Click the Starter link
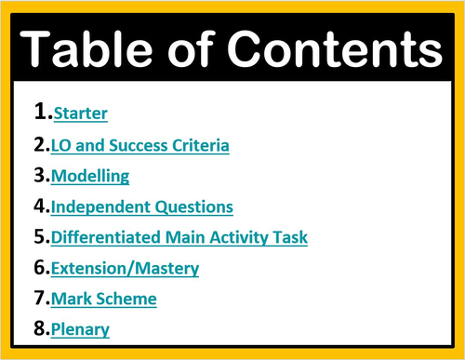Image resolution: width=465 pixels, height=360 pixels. tap(80, 114)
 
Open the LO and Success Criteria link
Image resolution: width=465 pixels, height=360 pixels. tap(140, 145)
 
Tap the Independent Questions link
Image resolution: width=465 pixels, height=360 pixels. tap(142, 207)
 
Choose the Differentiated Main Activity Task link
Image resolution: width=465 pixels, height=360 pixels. tap(179, 237)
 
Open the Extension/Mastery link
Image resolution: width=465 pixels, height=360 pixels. tap(125, 268)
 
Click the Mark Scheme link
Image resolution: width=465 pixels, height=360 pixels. tap(104, 299)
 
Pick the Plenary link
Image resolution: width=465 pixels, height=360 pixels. tap(81, 329)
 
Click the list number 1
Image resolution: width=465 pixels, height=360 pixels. tap(40, 113)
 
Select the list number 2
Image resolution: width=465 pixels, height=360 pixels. tap(40, 144)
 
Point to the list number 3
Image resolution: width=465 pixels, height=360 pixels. tap(40, 175)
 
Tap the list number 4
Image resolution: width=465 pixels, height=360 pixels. tap(40, 206)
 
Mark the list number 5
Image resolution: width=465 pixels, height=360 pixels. tap(40, 236)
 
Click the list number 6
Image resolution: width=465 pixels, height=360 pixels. tap(40, 267)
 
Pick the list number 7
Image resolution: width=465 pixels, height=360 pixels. tap(40, 298)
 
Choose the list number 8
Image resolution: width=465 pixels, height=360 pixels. tap(40, 328)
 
